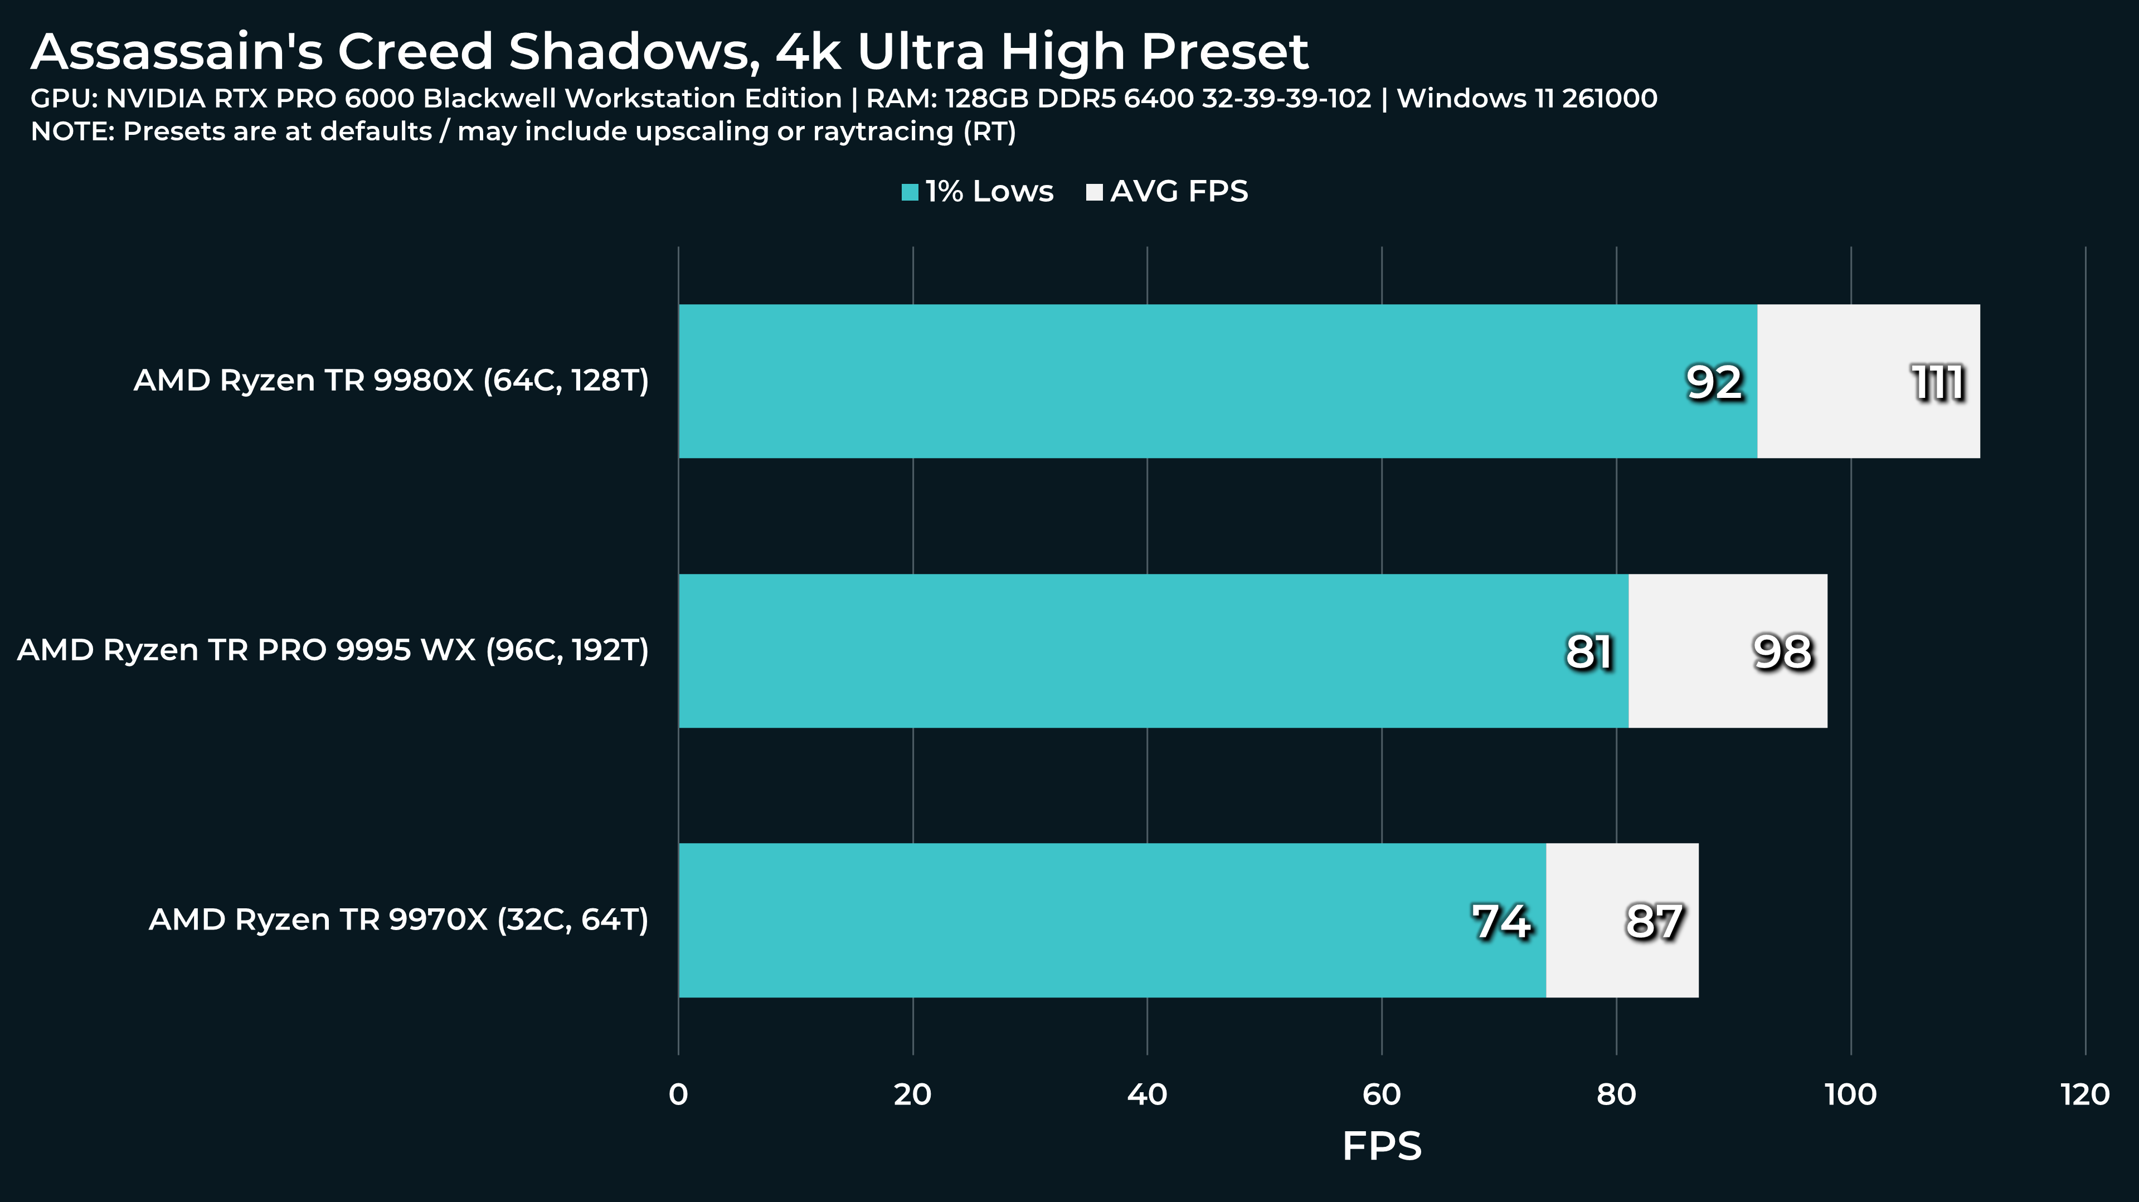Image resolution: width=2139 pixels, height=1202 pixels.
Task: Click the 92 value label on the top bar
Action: [x=1714, y=383]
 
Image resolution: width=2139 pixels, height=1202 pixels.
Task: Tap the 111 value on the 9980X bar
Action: [x=1938, y=383]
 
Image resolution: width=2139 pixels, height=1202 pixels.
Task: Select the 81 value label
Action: [x=1588, y=651]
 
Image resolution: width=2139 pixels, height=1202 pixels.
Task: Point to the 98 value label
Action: [x=1782, y=651]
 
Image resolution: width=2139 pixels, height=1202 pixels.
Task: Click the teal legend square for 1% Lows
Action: [x=910, y=193]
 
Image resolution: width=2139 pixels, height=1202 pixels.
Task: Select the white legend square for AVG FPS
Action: [x=1095, y=193]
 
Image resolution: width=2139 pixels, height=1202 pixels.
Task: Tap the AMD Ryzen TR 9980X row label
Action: [x=391, y=380]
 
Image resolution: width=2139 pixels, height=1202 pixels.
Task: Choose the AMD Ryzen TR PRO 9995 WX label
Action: [x=333, y=650]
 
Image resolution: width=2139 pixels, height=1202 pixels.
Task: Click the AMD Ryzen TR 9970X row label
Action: [x=398, y=920]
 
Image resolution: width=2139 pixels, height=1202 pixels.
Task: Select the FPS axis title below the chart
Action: [x=1382, y=1146]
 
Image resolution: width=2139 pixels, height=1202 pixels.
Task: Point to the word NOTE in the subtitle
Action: [x=71, y=131]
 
